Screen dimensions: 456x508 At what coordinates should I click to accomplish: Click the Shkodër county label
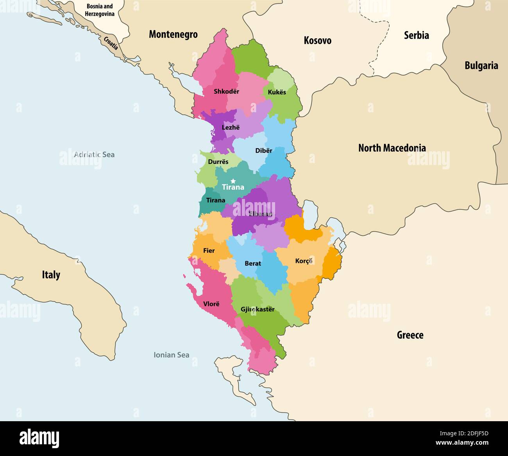tap(226, 92)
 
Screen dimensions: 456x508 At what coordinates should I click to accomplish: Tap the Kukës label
tap(277, 92)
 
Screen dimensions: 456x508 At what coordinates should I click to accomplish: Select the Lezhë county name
tap(231, 127)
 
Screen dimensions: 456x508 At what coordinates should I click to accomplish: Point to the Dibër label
tap(264, 151)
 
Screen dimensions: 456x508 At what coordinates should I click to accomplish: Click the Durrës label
tap(218, 162)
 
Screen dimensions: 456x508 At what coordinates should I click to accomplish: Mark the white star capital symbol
tap(233, 181)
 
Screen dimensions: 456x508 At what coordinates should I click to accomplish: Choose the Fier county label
tap(209, 251)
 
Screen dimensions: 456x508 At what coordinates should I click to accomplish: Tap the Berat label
tap(253, 264)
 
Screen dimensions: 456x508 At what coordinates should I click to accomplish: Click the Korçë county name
tap(304, 261)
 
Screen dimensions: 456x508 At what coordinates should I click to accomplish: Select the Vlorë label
tap(211, 304)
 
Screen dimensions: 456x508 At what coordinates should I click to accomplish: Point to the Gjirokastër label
tap(258, 309)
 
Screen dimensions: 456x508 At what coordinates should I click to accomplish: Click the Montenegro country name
tap(173, 34)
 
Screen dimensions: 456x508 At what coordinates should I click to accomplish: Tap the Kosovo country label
tap(317, 40)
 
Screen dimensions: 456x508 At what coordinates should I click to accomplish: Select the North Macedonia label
tap(392, 148)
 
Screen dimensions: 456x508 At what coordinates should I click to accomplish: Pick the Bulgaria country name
tap(481, 65)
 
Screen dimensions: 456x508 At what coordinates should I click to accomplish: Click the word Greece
tap(410, 335)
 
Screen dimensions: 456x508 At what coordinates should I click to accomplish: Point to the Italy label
tap(51, 275)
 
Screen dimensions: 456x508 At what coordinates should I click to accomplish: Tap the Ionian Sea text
tap(171, 355)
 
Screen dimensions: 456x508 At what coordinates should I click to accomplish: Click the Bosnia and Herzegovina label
tap(100, 10)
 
